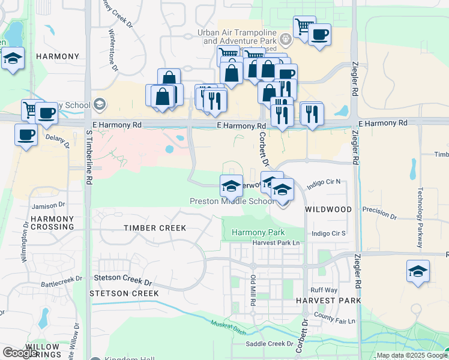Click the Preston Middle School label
tap(232, 202)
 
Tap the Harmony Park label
tap(258, 232)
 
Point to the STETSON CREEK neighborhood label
tap(124, 293)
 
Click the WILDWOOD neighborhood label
tap(328, 209)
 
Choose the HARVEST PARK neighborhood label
tap(328, 300)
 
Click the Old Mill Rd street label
tap(253, 290)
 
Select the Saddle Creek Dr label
tap(270, 344)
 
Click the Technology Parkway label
tap(420, 218)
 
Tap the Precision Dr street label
tap(379, 213)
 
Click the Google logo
tap(20, 353)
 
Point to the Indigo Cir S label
tap(329, 233)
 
